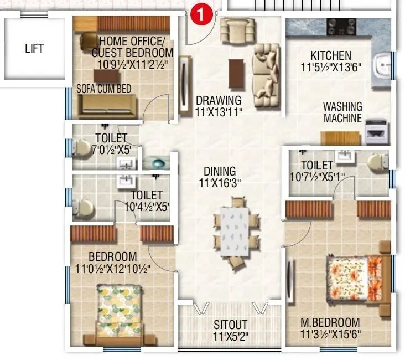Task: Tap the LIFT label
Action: click(x=34, y=48)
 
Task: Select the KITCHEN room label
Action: click(x=330, y=55)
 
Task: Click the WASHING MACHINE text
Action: click(x=342, y=112)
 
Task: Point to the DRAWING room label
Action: click(x=219, y=101)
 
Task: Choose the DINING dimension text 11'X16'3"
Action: click(x=220, y=182)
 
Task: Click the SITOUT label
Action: click(x=231, y=324)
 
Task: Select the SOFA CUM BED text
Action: click(x=104, y=88)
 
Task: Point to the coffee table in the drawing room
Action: click(x=237, y=73)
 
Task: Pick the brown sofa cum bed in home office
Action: click(x=107, y=105)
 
